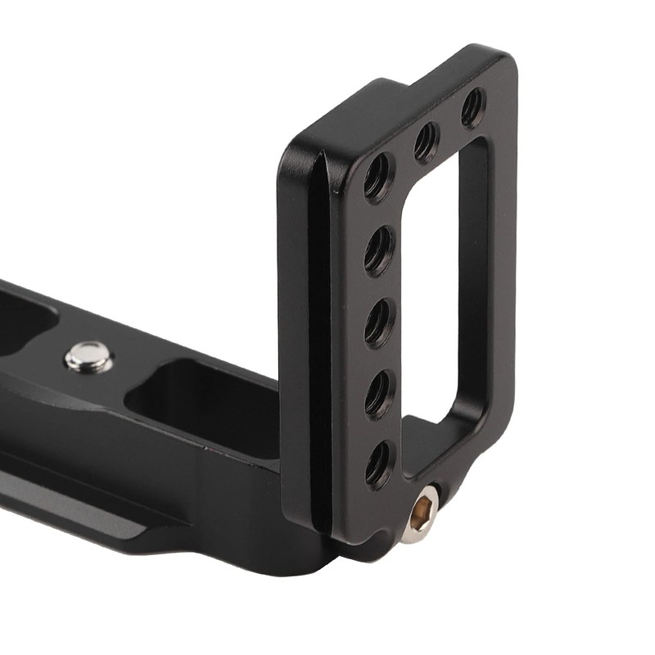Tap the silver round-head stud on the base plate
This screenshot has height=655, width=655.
[x=88, y=357]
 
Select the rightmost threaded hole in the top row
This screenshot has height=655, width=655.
[x=472, y=107]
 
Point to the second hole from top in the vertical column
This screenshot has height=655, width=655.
[x=378, y=251]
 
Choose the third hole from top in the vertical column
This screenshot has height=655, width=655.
[x=378, y=323]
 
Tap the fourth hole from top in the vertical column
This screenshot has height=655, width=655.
[x=378, y=395]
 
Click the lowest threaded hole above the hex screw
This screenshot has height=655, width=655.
[x=378, y=464]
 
